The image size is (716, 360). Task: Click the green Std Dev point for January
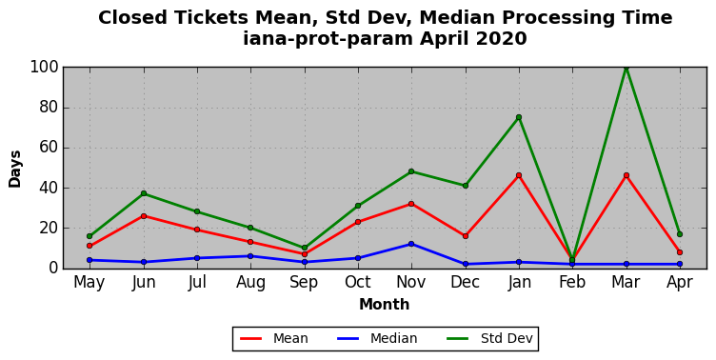coord(519,117)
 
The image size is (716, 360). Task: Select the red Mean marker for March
coord(626,175)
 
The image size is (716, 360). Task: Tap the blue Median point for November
coord(411,244)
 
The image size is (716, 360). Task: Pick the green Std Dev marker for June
coord(144,193)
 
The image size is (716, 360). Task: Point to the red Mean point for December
coord(466,236)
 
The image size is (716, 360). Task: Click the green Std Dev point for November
coord(411,171)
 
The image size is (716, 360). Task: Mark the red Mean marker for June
coord(144,216)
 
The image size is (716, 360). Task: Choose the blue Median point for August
coord(250,256)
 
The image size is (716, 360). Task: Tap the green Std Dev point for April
coord(680,234)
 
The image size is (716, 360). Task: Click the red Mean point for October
coord(358,222)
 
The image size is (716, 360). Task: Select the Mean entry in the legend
coord(274,338)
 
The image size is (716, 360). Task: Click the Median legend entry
coord(377,338)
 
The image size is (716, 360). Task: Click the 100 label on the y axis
coord(45,68)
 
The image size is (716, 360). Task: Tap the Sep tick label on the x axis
coord(304,282)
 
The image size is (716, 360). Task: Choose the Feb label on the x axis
coord(572,282)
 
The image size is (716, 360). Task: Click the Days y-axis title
coord(14,169)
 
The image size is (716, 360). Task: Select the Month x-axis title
coord(384,304)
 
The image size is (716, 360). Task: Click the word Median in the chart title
coord(457,18)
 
